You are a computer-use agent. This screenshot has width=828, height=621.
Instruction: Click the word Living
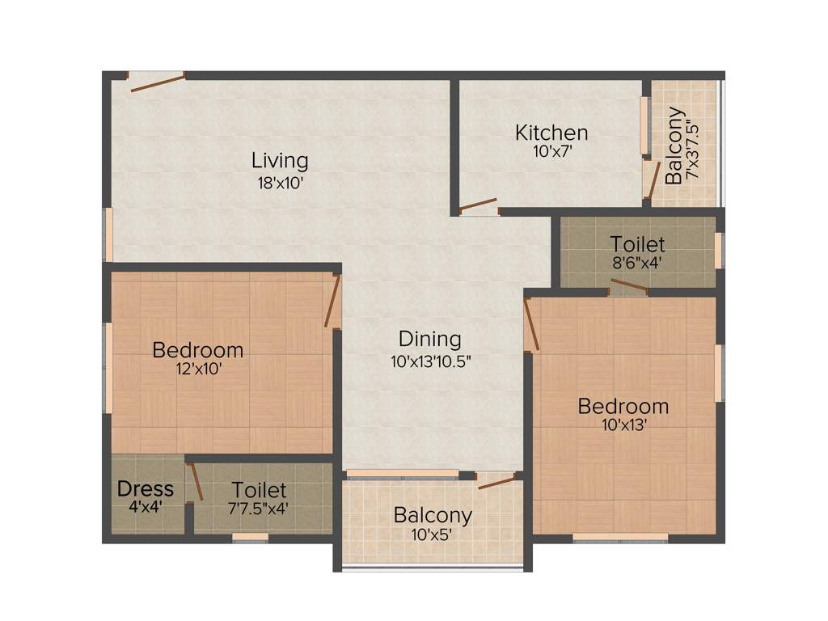pos(279,160)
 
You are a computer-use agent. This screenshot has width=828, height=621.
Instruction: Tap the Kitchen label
pos(551,132)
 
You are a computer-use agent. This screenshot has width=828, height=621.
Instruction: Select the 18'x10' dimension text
pos(279,183)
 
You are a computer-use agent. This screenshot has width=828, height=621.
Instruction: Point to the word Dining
pos(429,339)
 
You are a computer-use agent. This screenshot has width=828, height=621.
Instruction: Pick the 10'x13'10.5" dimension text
pos(430,361)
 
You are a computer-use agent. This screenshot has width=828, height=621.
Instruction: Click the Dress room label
pos(146,488)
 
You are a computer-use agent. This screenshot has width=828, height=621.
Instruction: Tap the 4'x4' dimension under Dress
pos(146,509)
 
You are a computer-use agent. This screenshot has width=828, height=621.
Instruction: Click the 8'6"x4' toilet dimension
pos(638,262)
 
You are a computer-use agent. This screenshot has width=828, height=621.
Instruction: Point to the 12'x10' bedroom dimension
pos(198,370)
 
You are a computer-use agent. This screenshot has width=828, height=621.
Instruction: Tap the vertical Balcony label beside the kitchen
pos(673,146)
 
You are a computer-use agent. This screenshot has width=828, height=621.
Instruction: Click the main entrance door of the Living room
pos(157,82)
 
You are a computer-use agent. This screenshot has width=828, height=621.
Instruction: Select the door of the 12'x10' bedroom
pos(332,301)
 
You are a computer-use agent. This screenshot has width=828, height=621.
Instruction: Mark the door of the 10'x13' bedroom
pos(530,324)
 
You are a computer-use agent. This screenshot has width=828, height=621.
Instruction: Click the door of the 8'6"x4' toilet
pos(629,285)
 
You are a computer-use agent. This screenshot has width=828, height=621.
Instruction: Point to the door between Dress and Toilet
pos(195,483)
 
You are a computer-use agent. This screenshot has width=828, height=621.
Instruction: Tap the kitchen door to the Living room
pos(478,205)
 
